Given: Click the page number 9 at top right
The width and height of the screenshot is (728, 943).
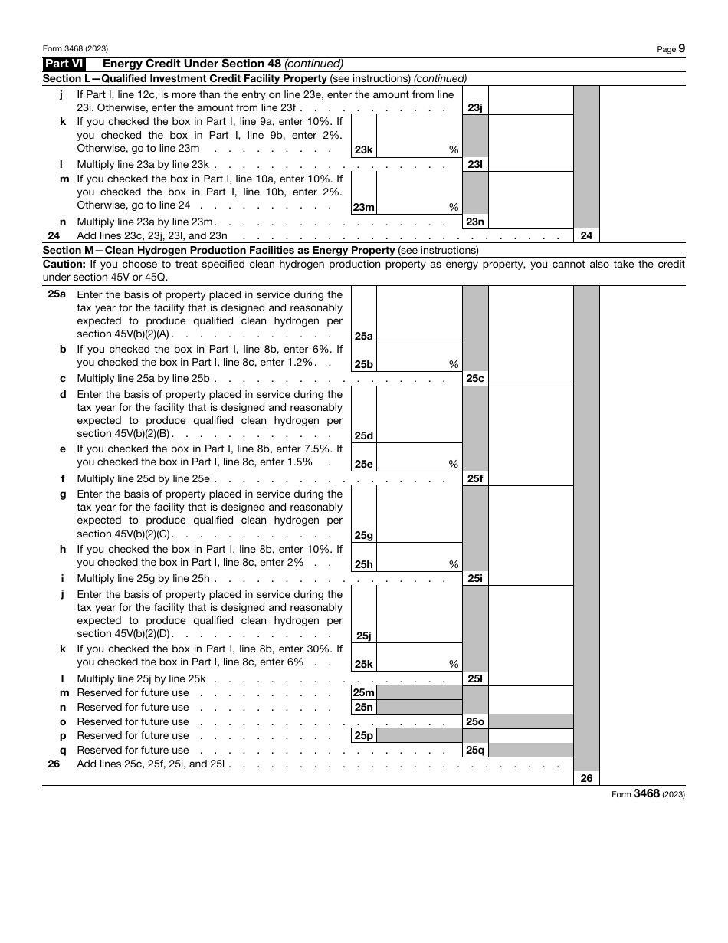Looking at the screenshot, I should coord(681,48).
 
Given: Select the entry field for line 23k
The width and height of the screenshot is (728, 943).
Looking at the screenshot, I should coord(419,136).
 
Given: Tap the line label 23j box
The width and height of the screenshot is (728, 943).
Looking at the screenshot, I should coord(475,108).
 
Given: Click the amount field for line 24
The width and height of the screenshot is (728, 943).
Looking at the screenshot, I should coord(642,236).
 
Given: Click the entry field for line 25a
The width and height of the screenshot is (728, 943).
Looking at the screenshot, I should coord(419,314).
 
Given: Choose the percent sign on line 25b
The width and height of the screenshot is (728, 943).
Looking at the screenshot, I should coord(454,365).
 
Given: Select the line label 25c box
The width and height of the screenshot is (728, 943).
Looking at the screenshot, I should coord(475,379).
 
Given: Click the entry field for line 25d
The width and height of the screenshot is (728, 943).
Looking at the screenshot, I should coord(419,414).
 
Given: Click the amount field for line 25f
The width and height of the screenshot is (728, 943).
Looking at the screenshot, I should coord(530,478).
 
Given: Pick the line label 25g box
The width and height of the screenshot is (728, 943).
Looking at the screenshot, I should coord(363,536).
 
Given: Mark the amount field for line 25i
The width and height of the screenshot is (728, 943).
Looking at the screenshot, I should coord(530,579).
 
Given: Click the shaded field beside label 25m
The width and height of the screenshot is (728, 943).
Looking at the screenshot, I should coord(419,693).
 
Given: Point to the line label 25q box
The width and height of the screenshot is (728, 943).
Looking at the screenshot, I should coord(475,751).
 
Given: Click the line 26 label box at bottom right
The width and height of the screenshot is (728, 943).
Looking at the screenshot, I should coord(586,778).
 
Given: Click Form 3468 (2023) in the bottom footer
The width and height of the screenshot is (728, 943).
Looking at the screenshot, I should coord(648,794).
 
